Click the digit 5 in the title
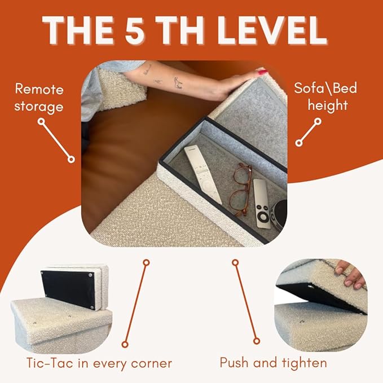coord(134,30)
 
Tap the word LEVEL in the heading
coord(272,30)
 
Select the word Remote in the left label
coord(39,89)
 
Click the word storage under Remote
coord(39,107)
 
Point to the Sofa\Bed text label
coord(325,88)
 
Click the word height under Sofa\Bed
coord(328,105)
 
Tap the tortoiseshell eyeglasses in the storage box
coord(241,190)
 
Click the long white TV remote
coord(202,174)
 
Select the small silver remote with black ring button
coord(262,204)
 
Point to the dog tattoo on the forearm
coord(178,82)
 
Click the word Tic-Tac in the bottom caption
coord(50,363)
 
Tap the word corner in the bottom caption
coord(151,364)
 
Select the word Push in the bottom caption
coord(235,363)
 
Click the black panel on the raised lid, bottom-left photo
coord(68,289)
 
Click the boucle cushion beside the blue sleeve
coord(121,89)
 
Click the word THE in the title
coord(77,30)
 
